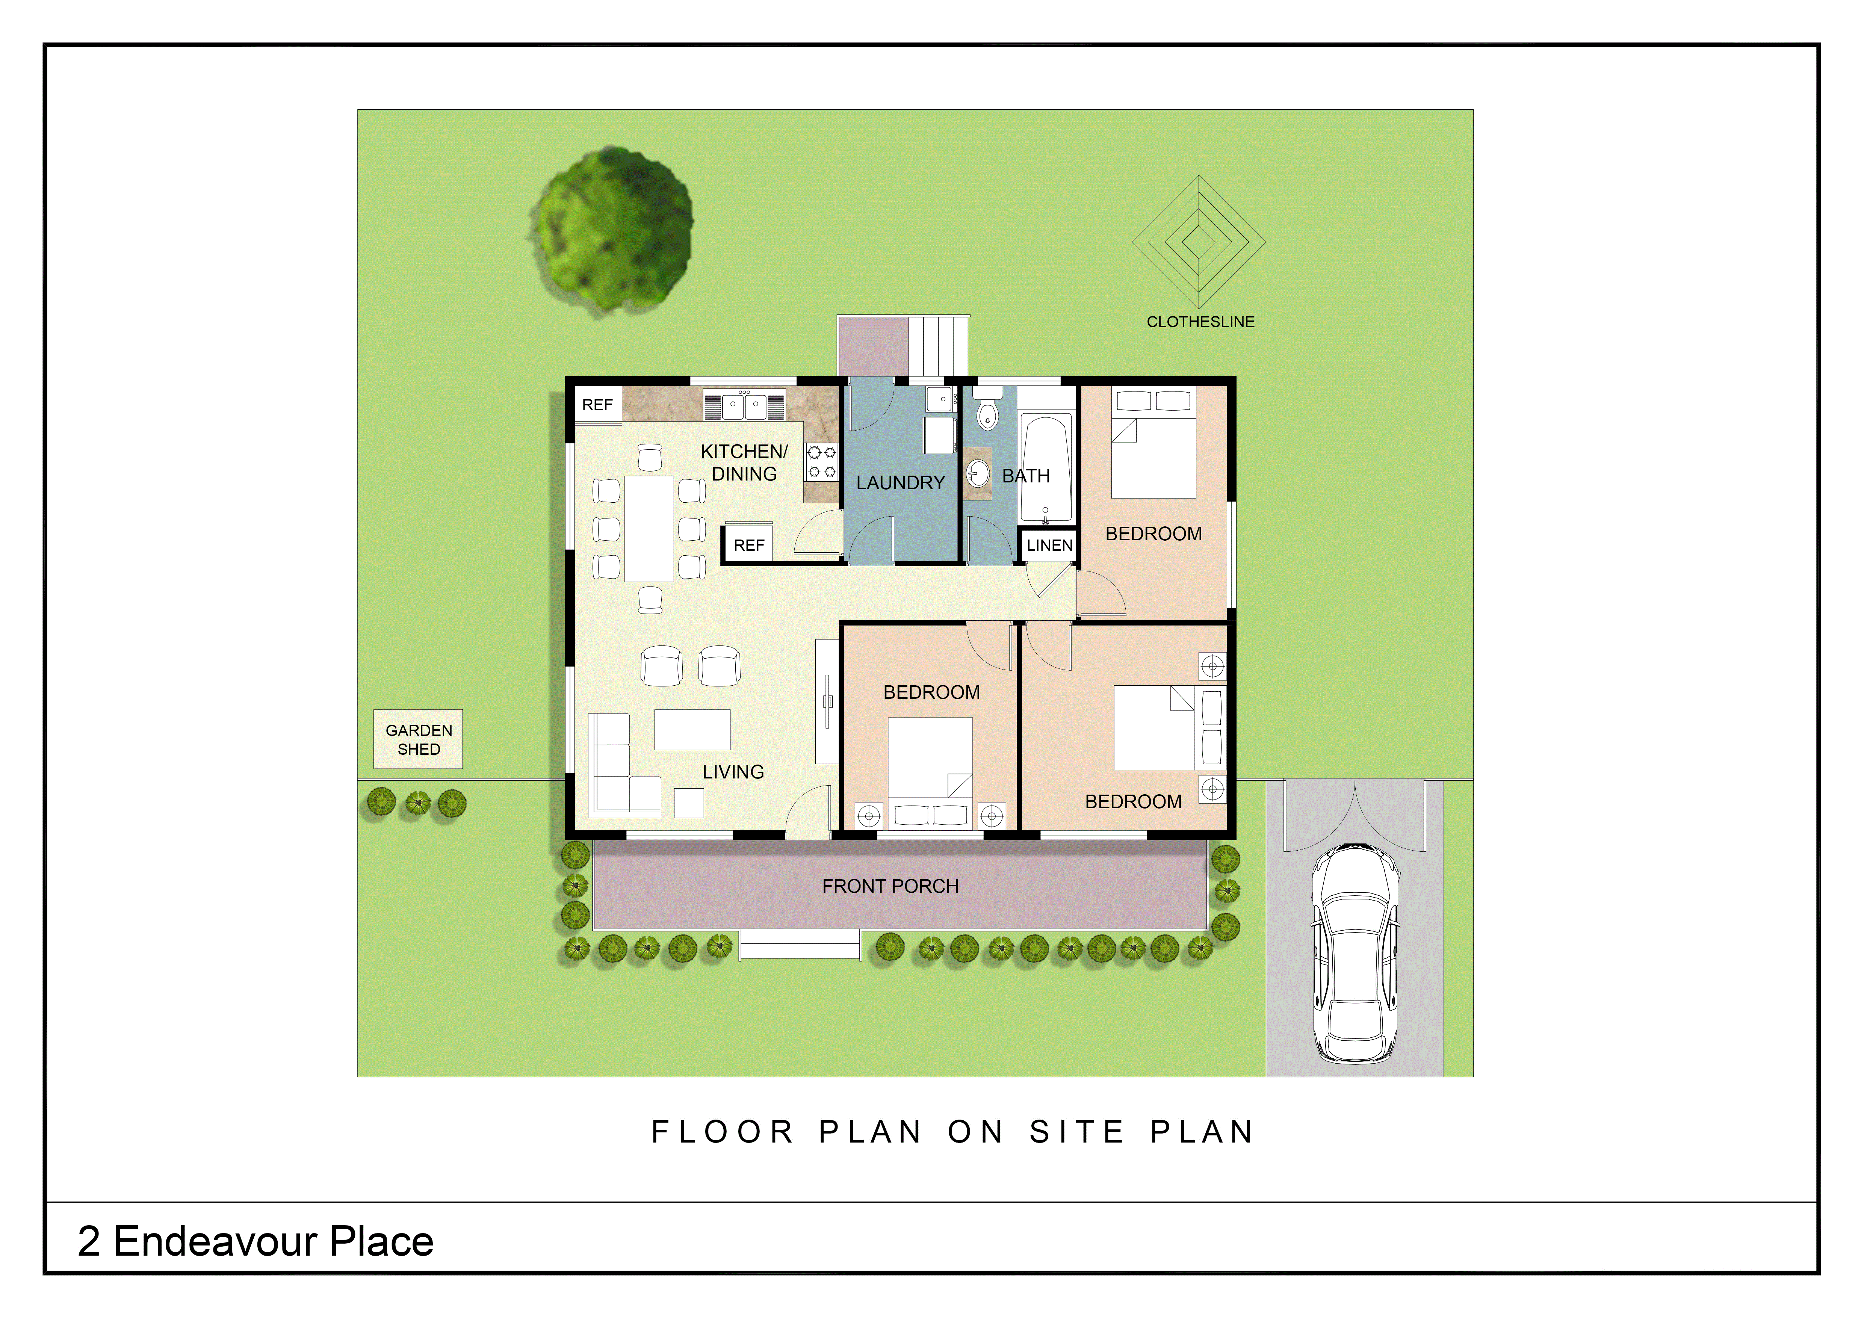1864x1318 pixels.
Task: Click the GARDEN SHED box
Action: pyautogui.click(x=418, y=739)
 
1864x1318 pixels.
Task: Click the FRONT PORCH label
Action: pyautogui.click(x=890, y=886)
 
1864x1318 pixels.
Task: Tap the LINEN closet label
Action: pyautogui.click(x=1050, y=546)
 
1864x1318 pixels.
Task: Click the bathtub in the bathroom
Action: pyautogui.click(x=1046, y=469)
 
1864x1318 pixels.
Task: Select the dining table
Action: pyautogui.click(x=649, y=528)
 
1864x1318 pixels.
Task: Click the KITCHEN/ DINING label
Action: pyautogui.click(x=744, y=463)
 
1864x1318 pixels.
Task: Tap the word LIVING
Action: pyautogui.click(x=733, y=772)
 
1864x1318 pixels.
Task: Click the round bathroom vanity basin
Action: pyautogui.click(x=978, y=473)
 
